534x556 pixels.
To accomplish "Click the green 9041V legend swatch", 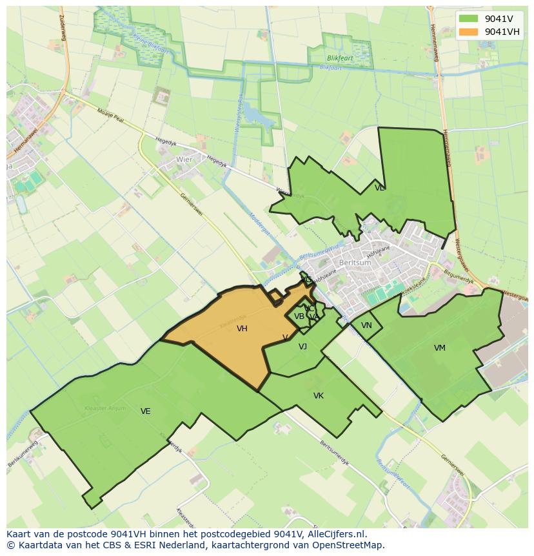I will (469, 19).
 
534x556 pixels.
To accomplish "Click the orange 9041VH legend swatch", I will (469, 32).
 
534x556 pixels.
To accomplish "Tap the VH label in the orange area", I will (242, 329).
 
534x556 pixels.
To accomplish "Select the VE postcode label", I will (146, 411).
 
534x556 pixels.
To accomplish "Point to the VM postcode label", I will (440, 348).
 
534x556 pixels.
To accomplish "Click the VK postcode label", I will (319, 396).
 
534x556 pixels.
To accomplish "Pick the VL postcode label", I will (379, 188).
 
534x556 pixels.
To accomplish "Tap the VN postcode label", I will (366, 325).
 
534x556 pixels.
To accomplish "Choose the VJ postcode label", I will (302, 347).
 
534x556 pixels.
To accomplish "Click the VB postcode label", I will (299, 316).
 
